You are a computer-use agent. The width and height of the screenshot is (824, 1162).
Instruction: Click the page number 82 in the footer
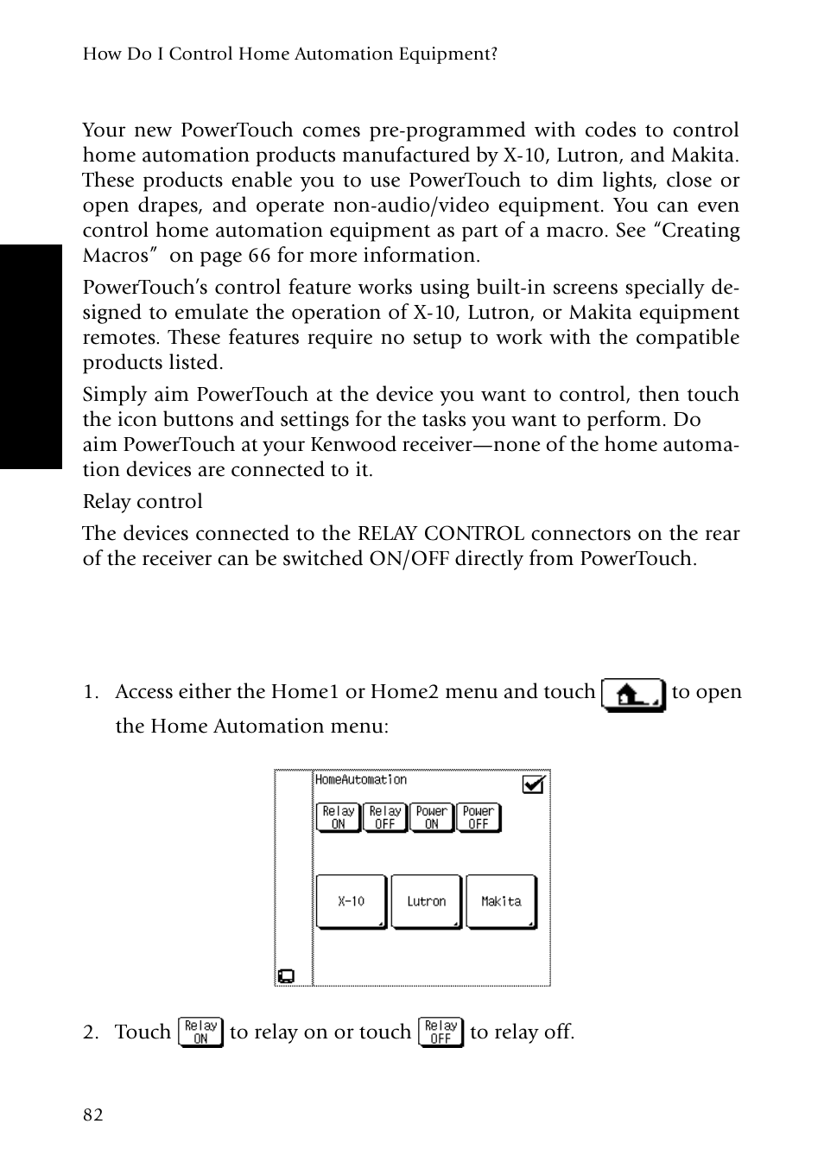pos(92,1114)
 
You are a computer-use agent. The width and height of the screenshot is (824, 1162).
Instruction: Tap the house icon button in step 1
pos(632,695)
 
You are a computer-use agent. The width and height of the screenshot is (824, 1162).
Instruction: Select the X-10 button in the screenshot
pos(352,901)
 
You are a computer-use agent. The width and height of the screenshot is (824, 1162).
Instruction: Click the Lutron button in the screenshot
pos(427,901)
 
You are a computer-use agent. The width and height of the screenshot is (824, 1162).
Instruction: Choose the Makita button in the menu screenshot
pos(501,901)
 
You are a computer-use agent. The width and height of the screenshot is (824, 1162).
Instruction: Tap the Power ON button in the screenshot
pos(431,817)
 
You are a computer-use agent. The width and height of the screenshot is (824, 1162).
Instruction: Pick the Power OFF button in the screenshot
pos(478,817)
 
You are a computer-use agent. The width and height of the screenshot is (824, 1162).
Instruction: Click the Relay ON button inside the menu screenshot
pos(338,817)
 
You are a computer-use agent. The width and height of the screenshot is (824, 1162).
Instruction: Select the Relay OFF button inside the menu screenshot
pos(384,817)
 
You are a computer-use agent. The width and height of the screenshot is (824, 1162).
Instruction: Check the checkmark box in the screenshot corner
pos(534,784)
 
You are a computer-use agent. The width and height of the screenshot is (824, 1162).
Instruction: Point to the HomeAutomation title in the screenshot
pos(360,779)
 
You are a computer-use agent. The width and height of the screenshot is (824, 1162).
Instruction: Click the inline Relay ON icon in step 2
pos(200,1032)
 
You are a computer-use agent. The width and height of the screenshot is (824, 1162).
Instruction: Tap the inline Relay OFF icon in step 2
pos(441,1032)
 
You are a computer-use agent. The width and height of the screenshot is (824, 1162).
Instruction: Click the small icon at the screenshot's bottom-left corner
pos(285,976)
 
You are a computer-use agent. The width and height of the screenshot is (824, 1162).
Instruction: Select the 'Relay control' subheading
pos(143,501)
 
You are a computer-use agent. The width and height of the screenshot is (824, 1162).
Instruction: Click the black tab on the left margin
pos(30,357)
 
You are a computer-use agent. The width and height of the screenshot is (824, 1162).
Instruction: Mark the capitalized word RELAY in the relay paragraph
pos(389,533)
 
